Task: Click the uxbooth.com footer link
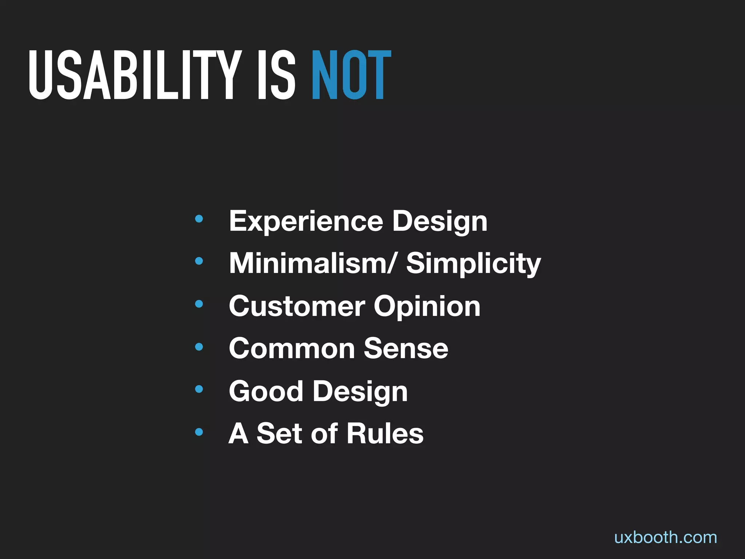pyautogui.click(x=665, y=538)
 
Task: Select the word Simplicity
pyautogui.click(x=473, y=264)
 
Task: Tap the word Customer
pyautogui.click(x=296, y=306)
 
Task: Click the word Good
pyautogui.click(x=266, y=391)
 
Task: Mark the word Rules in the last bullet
pyautogui.click(x=385, y=433)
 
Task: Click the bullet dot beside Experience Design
pyautogui.click(x=199, y=219)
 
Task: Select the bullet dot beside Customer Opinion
pyautogui.click(x=199, y=304)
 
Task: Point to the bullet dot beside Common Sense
pyautogui.click(x=199, y=347)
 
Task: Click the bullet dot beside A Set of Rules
pyautogui.click(x=199, y=432)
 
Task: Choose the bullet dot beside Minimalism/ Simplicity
pyautogui.click(x=199, y=261)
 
